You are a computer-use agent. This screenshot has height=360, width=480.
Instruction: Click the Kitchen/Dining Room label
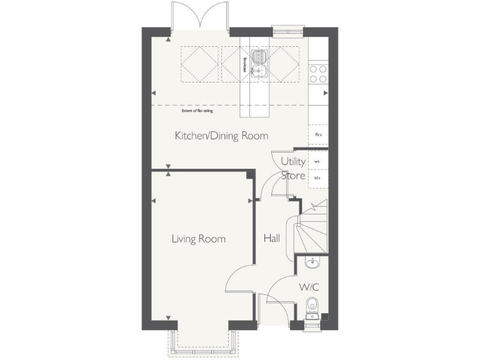(x=221, y=136)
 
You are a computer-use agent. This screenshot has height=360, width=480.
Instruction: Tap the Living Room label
(x=199, y=239)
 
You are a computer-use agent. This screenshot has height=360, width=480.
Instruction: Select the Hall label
(x=271, y=239)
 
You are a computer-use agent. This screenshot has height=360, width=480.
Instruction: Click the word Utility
(x=292, y=161)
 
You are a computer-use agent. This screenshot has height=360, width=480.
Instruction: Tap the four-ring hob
(x=317, y=74)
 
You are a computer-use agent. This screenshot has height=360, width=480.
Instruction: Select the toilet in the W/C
(x=312, y=307)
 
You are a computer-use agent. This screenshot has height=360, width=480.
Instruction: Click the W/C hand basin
(x=312, y=264)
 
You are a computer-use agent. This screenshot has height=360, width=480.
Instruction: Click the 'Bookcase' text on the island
(x=244, y=65)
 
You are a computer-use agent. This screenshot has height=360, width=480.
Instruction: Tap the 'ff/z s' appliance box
(x=317, y=135)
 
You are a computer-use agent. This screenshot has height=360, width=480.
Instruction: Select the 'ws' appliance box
(x=317, y=161)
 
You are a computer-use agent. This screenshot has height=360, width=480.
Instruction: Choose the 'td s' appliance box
(x=317, y=178)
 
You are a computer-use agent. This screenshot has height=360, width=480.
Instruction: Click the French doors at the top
(x=200, y=16)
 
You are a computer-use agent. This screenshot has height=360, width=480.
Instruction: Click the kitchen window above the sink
(x=287, y=28)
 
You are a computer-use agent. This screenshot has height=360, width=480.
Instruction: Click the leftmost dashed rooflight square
(x=200, y=64)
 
